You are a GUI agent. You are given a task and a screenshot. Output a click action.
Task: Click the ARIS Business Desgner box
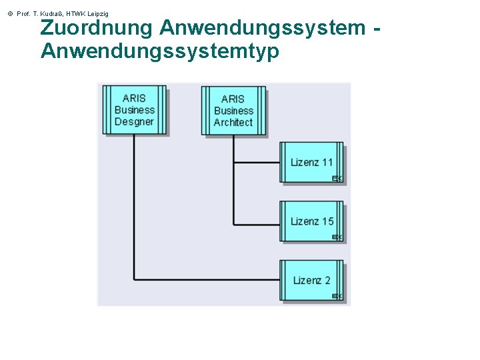[x=134, y=110]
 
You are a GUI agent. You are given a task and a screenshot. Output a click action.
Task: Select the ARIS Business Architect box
[x=233, y=111]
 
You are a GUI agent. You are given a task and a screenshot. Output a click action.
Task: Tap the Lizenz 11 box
[x=311, y=162]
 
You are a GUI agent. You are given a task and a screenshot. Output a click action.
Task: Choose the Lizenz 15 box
[x=311, y=221]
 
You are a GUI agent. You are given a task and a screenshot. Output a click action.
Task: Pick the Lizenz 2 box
[x=311, y=280]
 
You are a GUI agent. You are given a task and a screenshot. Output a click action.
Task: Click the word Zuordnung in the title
[x=97, y=28]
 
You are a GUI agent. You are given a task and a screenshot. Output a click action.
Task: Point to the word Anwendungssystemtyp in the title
[x=160, y=51]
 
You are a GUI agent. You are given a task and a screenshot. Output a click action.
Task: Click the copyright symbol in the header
[x=9, y=13]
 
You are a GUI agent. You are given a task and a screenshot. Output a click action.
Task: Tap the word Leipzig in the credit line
[x=97, y=13]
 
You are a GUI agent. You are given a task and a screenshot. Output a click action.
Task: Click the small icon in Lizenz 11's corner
[x=337, y=178]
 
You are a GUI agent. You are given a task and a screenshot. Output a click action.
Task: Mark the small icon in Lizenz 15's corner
[x=337, y=237]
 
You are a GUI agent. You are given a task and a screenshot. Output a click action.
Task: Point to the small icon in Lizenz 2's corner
[x=337, y=296]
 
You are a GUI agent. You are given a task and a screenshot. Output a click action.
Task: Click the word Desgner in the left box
[x=134, y=122]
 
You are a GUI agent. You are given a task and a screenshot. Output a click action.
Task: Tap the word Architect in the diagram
[x=233, y=123]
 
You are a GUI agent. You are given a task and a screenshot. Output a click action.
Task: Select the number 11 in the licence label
[x=327, y=162]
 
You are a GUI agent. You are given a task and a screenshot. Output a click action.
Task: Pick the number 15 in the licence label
[x=327, y=221]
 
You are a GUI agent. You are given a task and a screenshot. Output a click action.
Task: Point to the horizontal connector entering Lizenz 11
[x=257, y=162]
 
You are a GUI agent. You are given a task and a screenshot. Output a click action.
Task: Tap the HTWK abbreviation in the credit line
[x=75, y=13]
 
